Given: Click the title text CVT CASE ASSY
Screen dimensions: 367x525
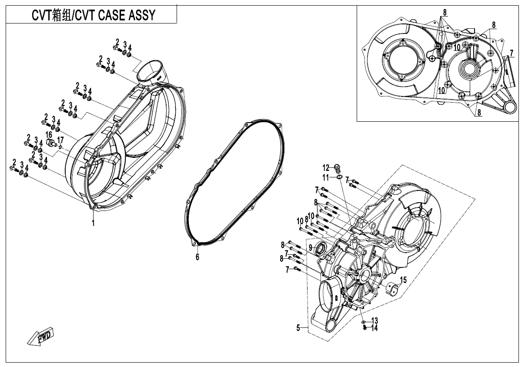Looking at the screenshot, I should click(94, 16).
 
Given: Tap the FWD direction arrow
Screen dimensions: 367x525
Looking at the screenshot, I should click(40, 337).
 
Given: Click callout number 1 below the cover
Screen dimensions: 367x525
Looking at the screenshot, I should click(93, 223).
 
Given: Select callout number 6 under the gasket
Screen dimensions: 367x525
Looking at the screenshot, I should click(197, 257).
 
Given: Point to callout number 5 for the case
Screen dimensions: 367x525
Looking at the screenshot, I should click(298, 328).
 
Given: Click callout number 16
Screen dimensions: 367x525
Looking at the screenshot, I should click(49, 135).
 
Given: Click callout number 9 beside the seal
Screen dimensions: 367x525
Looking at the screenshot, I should click(311, 247).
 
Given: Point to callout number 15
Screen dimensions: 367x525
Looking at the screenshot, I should click(403, 280).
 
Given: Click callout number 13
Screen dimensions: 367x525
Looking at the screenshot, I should click(374, 321).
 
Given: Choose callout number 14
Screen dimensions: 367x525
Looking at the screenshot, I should click(374, 328).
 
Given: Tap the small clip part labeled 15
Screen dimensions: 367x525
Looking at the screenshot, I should click(393, 289).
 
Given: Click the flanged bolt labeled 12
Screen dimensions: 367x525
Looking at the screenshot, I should click(338, 167).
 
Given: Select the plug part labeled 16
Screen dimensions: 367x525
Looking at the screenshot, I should click(52, 143).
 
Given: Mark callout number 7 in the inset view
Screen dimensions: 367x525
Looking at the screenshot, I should click(512, 53).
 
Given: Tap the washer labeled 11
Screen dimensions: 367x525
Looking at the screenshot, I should click(338, 177).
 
